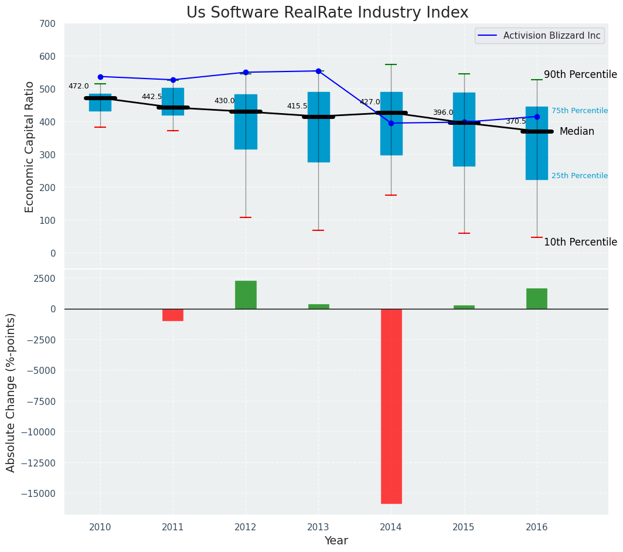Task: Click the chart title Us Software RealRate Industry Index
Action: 327,13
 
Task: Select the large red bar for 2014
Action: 391,406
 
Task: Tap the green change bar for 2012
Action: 246,295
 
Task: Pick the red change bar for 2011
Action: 173,315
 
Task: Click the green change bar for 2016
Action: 537,298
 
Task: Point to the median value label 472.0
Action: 79,86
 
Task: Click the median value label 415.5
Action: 297,106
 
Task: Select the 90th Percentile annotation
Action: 580,74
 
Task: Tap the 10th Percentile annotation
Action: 580,242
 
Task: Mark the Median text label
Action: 577,132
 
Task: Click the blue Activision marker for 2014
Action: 391,123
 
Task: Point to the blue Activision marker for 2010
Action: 100,77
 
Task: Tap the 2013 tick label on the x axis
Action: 318,527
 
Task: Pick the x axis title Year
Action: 336,541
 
